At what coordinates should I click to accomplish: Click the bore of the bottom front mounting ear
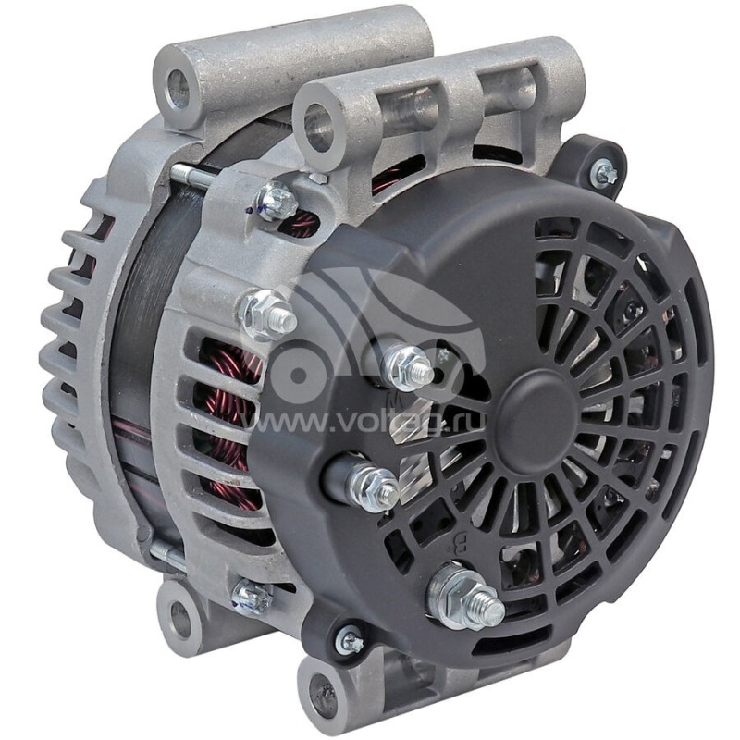pos(319,689)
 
